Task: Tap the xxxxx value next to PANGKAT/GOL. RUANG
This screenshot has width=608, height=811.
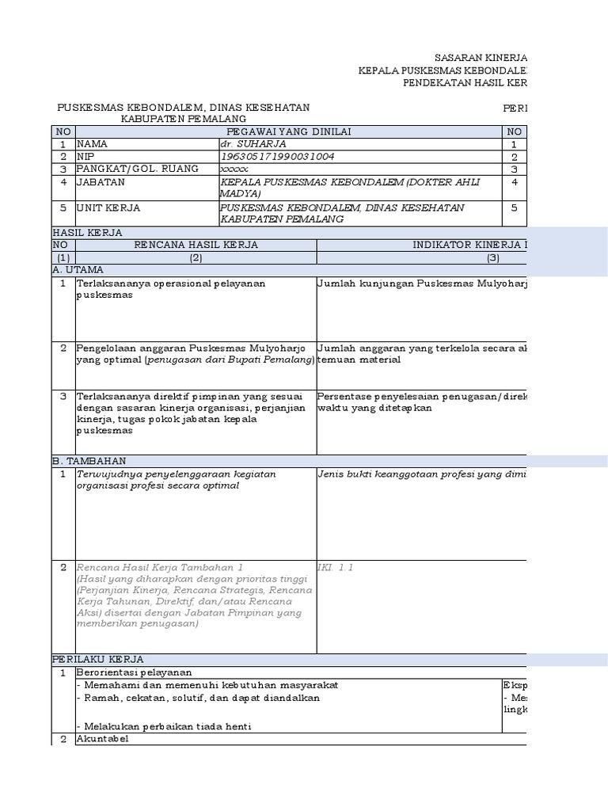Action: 234,169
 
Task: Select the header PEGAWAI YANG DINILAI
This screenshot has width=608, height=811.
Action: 288,131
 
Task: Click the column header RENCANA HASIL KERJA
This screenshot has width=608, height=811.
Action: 196,245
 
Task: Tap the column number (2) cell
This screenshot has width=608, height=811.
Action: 196,257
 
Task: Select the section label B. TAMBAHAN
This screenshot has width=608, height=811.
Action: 89,461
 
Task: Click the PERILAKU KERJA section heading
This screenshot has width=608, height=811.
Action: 98,659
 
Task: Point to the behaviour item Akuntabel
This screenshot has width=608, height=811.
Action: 101,739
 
